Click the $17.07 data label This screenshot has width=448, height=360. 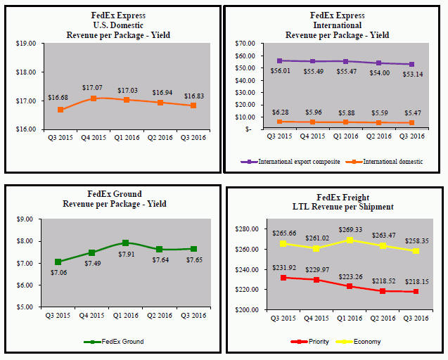(x=94, y=88)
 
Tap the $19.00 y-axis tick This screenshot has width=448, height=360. (x=27, y=43)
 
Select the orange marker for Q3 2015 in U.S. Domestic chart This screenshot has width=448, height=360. (x=61, y=110)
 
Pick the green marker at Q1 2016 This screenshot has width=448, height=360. (x=126, y=243)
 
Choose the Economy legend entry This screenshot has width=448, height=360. (x=366, y=341)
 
